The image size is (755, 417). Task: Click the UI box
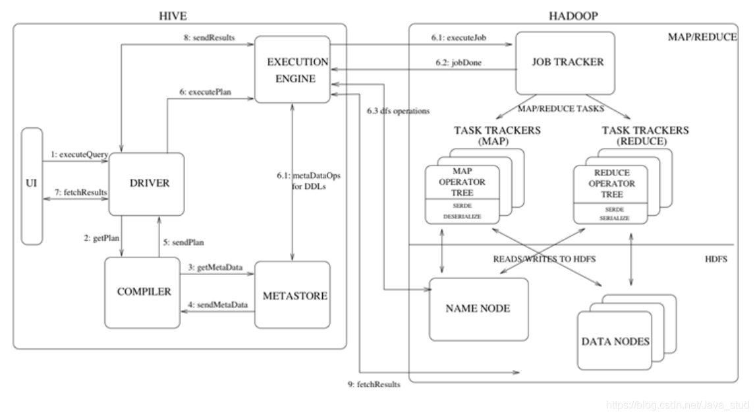[32, 186]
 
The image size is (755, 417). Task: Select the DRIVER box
[146, 184]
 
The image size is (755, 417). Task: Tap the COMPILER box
[142, 292]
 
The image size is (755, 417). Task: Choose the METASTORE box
[293, 294]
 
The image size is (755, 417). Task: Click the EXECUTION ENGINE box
[293, 69]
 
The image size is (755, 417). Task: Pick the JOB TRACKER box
[565, 63]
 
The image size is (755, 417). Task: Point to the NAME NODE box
[478, 309]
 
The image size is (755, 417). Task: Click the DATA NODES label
[615, 342]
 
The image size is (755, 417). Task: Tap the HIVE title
[173, 16]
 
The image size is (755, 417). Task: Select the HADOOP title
[573, 16]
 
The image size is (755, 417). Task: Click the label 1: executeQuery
[80, 155]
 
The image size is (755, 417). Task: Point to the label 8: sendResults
[210, 38]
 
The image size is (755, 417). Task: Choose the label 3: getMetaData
[215, 267]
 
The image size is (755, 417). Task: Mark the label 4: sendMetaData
[217, 305]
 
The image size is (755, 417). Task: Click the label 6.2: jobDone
[459, 63]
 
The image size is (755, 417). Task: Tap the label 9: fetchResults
[374, 384]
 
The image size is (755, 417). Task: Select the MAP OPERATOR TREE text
[462, 182]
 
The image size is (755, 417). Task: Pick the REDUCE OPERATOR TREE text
[611, 183]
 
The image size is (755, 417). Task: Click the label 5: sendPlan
[183, 243]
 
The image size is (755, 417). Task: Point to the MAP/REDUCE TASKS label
[561, 108]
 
